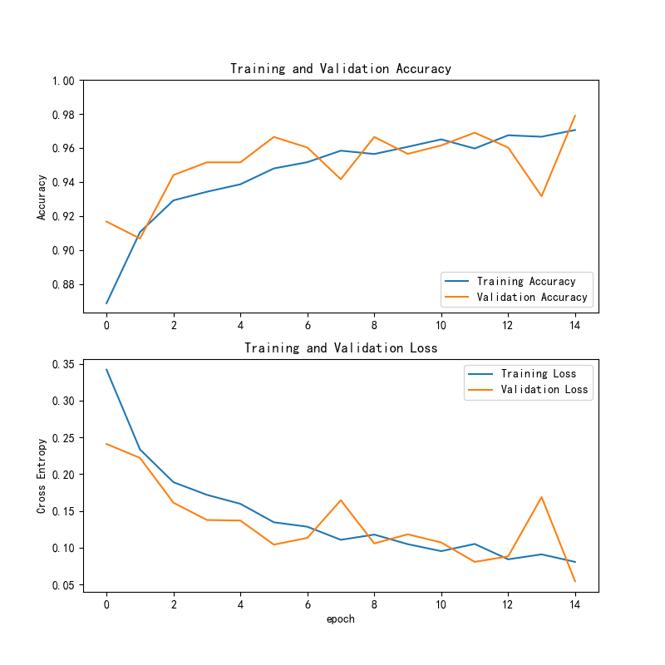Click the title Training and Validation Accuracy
pos(341,69)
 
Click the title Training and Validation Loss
pos(341,347)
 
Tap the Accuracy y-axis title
pos(41,197)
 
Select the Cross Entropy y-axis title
pos(41,475)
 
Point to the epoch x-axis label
pos(341,618)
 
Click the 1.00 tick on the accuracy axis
pos(63,81)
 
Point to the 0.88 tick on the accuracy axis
pos(63,284)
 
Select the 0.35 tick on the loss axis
pos(63,364)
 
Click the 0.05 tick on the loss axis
pos(63,585)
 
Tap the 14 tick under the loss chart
pos(574,605)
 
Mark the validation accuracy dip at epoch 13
pos(541,196)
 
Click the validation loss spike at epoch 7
pos(341,500)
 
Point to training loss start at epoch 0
pos(106,369)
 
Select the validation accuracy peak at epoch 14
pos(574,116)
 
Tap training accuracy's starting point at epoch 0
pos(106,303)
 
